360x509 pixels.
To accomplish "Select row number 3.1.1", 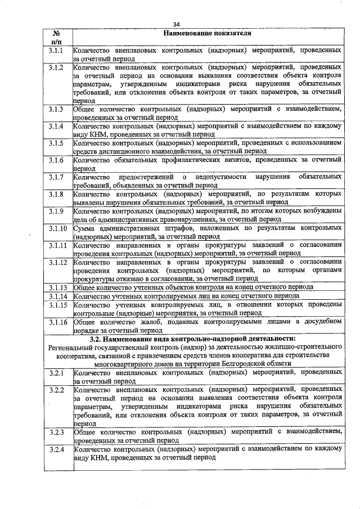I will pos(57,51).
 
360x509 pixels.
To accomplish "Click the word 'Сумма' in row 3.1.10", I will pos(87,228).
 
